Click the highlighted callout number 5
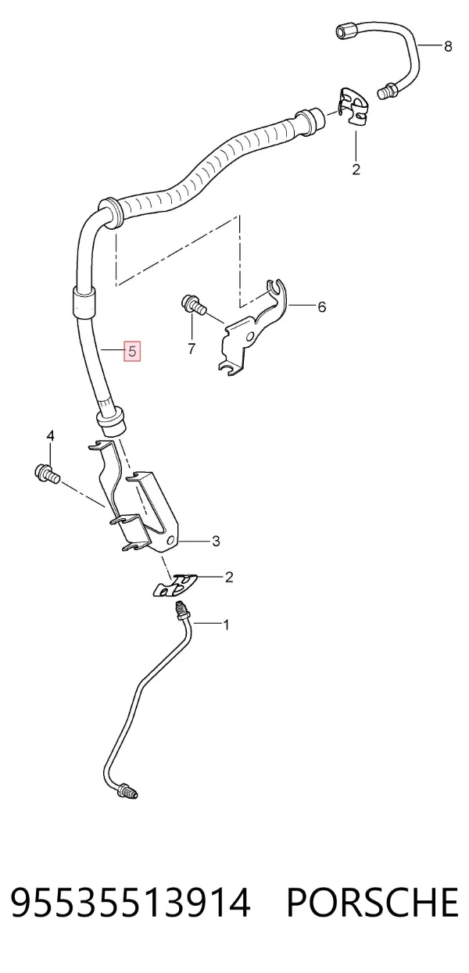click(x=132, y=351)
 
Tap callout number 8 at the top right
click(x=448, y=45)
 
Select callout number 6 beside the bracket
click(x=321, y=306)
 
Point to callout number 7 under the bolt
click(x=192, y=348)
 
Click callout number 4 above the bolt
click(x=50, y=435)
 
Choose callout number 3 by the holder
click(x=216, y=542)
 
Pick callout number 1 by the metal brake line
click(x=226, y=625)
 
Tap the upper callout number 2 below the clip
click(x=356, y=170)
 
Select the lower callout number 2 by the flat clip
click(x=229, y=578)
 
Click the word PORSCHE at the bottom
click(x=372, y=902)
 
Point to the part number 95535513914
click(x=131, y=902)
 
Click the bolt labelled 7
click(x=193, y=305)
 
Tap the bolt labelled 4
click(x=46, y=474)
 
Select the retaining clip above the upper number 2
click(x=354, y=107)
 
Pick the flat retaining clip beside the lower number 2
click(x=176, y=586)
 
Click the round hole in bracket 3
click(x=171, y=541)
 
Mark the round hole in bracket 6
click(x=249, y=338)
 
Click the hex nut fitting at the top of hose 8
click(x=347, y=32)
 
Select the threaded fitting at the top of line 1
click(x=181, y=612)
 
